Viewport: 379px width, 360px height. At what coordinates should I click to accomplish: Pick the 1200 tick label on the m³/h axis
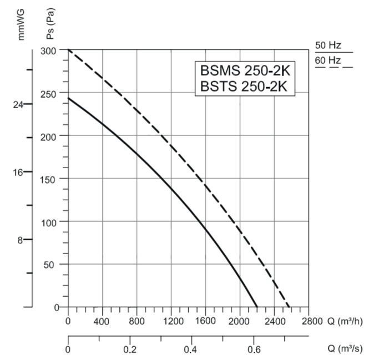click(x=171, y=321)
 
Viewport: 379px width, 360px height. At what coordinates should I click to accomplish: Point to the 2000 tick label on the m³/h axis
click(x=240, y=321)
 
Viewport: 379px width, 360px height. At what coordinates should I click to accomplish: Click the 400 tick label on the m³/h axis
click(x=102, y=321)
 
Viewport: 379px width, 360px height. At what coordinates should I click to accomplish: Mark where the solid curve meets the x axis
click(x=257, y=307)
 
